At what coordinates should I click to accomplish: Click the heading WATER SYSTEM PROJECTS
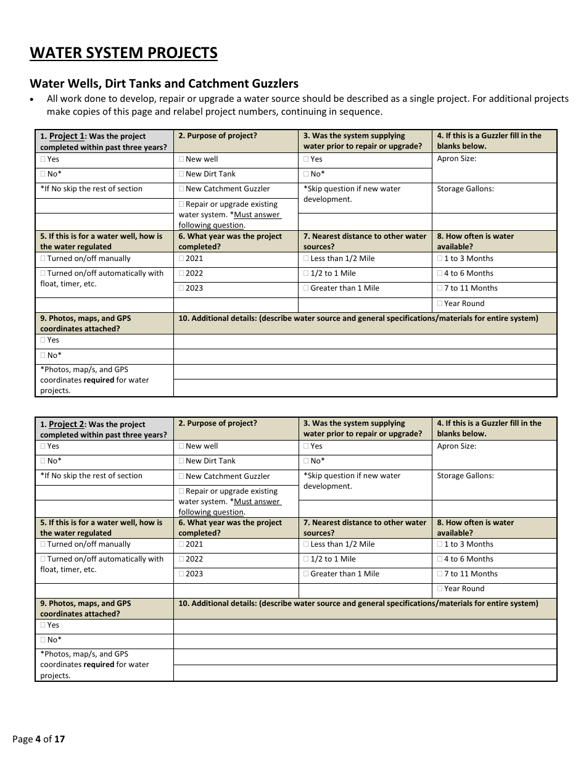click(123, 53)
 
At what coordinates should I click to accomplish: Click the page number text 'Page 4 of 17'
click(38, 739)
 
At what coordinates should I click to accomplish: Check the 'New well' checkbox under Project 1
click(181, 159)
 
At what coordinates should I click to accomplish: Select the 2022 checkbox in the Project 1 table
click(181, 273)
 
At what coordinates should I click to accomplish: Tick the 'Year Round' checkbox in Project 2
click(440, 589)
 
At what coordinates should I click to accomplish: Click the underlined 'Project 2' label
click(66, 425)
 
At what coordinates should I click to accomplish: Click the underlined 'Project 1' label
click(67, 136)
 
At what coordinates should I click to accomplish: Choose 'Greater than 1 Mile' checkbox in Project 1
click(307, 288)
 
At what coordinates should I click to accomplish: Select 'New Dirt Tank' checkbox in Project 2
click(181, 461)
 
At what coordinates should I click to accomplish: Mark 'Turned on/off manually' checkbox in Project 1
click(43, 259)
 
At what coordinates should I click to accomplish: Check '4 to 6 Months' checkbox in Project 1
click(440, 273)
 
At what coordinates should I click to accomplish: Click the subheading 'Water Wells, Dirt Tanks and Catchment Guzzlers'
click(164, 83)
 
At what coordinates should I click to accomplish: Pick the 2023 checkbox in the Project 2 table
click(181, 574)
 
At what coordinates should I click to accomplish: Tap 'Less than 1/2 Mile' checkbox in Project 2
click(307, 544)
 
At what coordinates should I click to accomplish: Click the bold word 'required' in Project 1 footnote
click(99, 380)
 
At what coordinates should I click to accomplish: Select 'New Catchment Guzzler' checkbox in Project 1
click(181, 189)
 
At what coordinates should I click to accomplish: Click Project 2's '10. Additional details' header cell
click(358, 603)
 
